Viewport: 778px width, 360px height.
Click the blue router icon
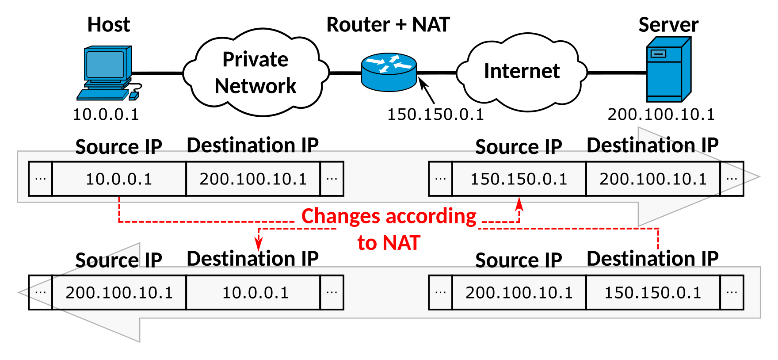coord(389,72)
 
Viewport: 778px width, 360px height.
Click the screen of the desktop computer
coord(105,65)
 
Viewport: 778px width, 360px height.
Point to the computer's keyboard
coord(103,95)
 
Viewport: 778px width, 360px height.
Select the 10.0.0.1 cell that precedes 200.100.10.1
coord(119,179)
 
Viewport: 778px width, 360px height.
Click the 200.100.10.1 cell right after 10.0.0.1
coord(253,179)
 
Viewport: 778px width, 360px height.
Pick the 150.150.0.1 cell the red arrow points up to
coord(519,179)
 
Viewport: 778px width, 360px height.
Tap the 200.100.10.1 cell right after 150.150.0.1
coord(653,179)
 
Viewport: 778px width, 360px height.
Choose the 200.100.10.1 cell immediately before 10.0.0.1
coord(119,293)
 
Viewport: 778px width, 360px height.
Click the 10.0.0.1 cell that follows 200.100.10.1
coord(255,293)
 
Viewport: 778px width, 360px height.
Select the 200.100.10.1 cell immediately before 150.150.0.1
coord(519,293)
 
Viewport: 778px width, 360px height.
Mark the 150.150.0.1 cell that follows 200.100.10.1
coord(653,293)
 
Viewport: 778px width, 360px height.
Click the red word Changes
coord(340,217)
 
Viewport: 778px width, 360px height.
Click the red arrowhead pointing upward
coord(519,204)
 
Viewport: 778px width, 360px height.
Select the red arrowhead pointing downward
coord(259,245)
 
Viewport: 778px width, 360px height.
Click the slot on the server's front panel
coord(658,54)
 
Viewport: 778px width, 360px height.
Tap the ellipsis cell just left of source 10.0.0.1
coord(41,179)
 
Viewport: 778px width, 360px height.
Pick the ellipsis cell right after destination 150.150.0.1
coord(732,293)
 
